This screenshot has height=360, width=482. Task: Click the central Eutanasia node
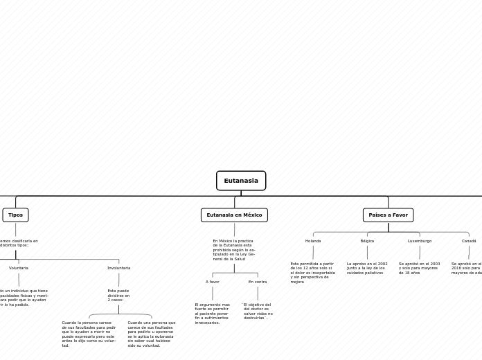point(241,181)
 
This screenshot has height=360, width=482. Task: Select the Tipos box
point(15,215)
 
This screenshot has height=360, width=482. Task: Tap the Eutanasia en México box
point(234,215)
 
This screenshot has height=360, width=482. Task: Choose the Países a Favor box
point(388,215)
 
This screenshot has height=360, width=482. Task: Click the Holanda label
point(313,241)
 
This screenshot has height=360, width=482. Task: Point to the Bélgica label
point(367,241)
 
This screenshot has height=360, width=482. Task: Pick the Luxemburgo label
point(419,241)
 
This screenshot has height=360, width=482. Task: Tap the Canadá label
point(469,241)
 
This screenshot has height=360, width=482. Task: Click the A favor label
point(212,282)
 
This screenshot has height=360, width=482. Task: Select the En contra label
point(258,282)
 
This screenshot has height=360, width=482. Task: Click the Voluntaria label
point(19,268)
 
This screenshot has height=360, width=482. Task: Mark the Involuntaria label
point(118,268)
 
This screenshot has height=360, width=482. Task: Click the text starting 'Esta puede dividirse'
point(118,295)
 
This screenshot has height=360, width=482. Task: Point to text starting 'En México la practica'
point(234,250)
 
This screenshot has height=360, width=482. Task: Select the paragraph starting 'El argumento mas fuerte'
point(212,314)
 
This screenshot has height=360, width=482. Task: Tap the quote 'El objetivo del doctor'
point(257,312)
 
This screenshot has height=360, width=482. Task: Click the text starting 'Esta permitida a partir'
point(312,273)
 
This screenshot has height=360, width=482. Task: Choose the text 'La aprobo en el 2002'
point(367,268)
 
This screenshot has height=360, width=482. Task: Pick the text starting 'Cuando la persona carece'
point(89,334)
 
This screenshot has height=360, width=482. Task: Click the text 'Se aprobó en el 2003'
point(419,268)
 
